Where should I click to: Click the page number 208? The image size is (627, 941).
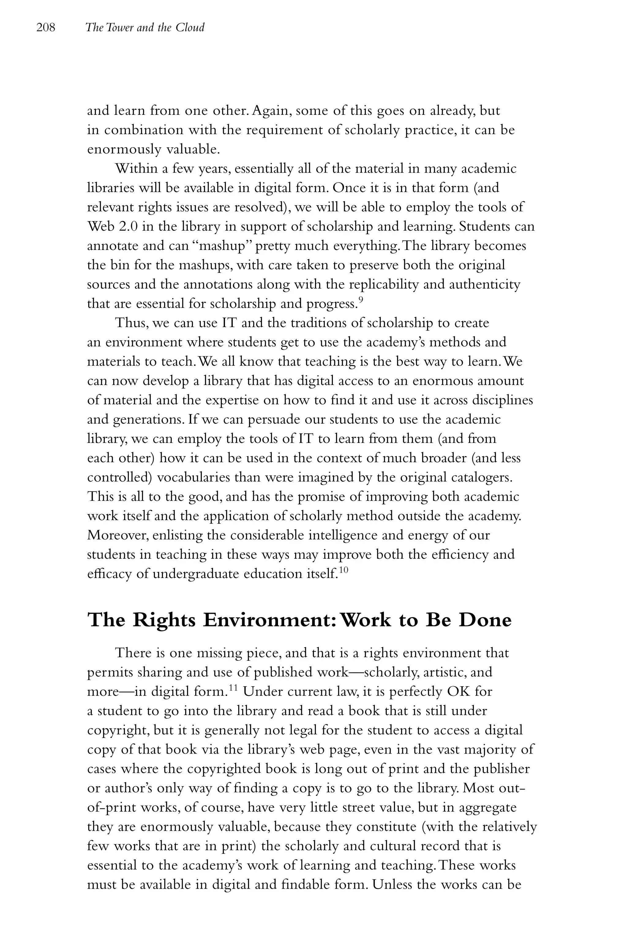tap(46, 28)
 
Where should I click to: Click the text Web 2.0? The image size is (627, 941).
tap(112, 226)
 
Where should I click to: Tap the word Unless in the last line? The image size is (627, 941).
tap(391, 885)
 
